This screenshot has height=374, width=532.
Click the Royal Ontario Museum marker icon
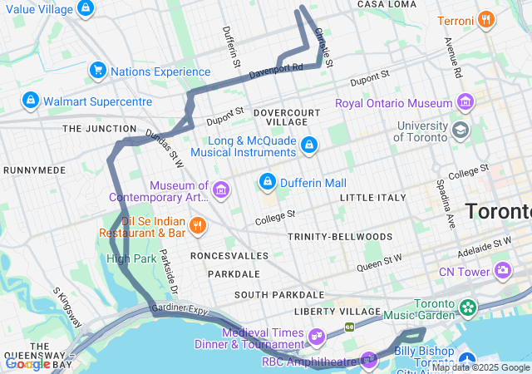click(x=465, y=104)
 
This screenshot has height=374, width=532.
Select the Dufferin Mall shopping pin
click(x=268, y=180)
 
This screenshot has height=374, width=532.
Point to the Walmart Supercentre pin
click(x=31, y=101)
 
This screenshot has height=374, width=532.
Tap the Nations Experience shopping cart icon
click(x=98, y=71)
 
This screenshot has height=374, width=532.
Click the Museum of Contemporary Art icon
click(x=221, y=191)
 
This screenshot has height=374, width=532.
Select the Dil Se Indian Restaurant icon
click(x=197, y=224)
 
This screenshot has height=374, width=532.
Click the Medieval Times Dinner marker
click(x=316, y=336)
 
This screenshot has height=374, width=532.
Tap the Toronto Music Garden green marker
click(x=468, y=308)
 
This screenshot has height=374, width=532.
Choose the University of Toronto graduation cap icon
click(x=460, y=130)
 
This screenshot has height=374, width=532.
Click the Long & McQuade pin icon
click(x=309, y=145)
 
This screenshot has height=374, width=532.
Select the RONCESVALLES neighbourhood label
click(x=229, y=255)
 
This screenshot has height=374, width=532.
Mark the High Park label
click(x=131, y=258)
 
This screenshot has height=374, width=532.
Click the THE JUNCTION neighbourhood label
click(x=99, y=129)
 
